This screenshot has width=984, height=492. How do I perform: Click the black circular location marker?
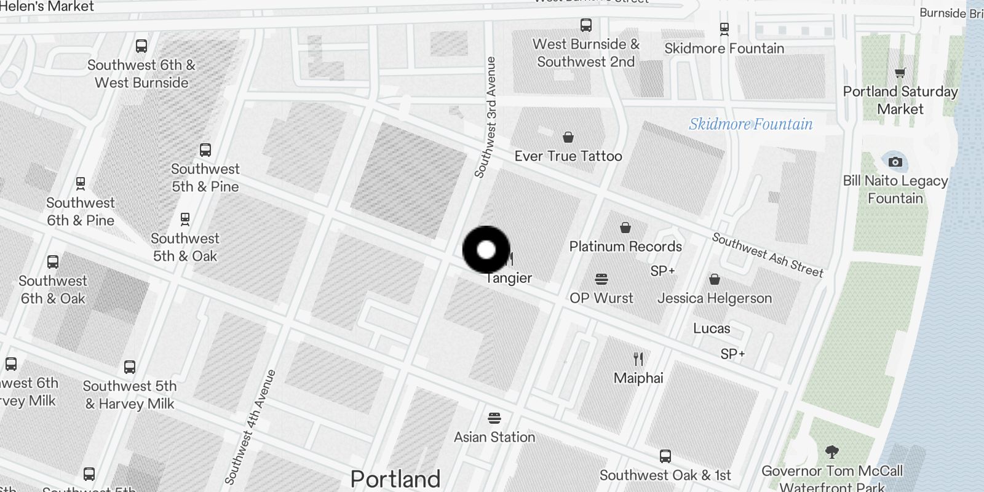tap(486, 250)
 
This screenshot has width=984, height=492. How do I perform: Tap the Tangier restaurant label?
tap(509, 278)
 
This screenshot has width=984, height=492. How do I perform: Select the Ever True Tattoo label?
tap(568, 156)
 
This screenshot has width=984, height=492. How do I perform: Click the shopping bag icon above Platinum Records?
tap(625, 228)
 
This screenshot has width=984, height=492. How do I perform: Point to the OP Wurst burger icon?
tap(601, 279)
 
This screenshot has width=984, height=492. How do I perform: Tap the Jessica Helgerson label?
tap(714, 298)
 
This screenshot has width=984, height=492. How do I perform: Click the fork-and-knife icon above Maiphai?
tap(638, 359)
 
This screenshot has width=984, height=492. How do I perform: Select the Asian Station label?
tap(494, 437)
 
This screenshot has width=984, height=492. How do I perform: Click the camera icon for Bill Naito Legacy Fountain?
tap(895, 162)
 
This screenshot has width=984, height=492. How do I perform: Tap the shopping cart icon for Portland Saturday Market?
tap(900, 73)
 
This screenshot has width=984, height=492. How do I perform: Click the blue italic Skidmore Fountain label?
tap(750, 124)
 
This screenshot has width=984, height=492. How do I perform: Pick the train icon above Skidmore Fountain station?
tap(724, 28)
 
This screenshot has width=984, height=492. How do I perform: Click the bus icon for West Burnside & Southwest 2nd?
tap(586, 25)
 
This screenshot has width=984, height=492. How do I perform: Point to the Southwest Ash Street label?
tap(768, 255)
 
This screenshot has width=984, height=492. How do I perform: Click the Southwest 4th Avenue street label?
tap(250, 426)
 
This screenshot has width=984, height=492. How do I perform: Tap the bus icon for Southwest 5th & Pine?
tap(205, 149)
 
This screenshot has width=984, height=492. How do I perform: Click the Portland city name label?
tap(395, 478)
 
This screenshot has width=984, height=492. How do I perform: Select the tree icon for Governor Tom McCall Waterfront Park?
tap(832, 453)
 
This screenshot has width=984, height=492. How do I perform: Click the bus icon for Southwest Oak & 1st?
tap(665, 456)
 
